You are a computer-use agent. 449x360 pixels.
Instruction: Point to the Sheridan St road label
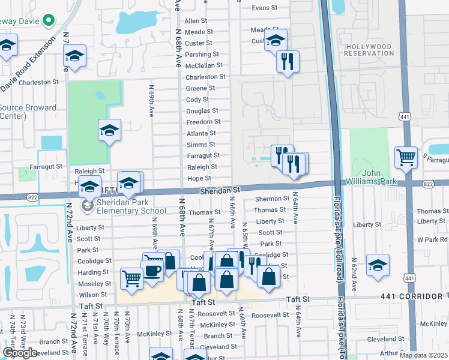(220, 190)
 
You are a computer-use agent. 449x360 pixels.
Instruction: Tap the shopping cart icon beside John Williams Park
(406, 158)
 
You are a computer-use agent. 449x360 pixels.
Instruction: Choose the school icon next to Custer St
(276, 41)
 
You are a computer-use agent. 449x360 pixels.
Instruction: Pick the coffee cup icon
(152, 269)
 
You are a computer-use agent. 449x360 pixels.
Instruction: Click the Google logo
(20, 352)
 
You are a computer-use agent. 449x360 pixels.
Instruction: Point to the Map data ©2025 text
(423, 355)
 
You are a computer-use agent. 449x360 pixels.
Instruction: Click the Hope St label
(199, 179)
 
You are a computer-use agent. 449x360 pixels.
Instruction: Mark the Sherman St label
(272, 199)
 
